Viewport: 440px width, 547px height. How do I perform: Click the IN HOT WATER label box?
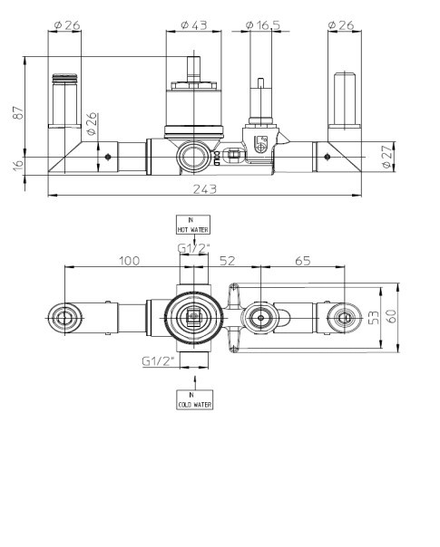point(191,225)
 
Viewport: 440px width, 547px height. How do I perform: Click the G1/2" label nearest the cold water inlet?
point(157,360)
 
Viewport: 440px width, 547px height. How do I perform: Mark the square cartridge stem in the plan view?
point(191,317)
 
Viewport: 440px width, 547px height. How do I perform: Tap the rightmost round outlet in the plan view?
point(343,317)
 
